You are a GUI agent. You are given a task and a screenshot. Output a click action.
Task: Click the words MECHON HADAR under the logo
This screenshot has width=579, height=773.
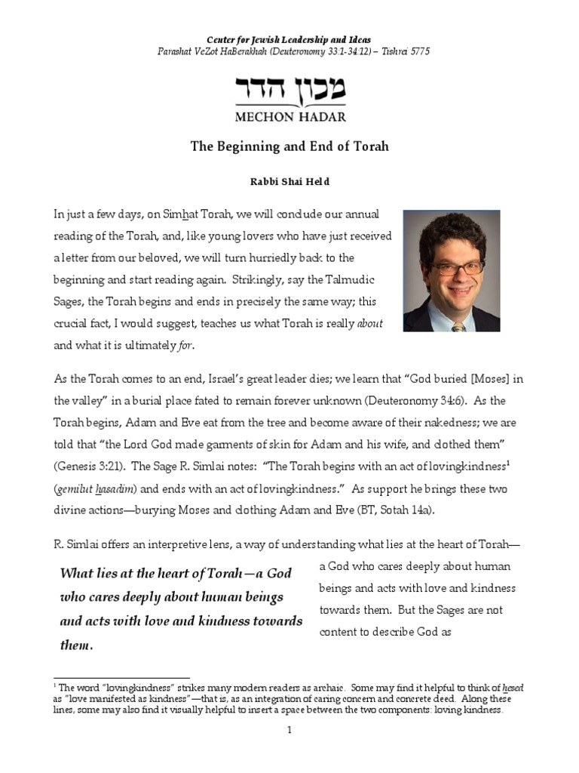tap(290, 116)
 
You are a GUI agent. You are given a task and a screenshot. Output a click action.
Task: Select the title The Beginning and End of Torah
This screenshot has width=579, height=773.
tap(289, 146)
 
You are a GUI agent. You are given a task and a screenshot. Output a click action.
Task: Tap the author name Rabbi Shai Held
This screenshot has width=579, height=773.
tap(289, 181)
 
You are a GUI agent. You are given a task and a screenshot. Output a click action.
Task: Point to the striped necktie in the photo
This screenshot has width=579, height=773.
tap(458, 326)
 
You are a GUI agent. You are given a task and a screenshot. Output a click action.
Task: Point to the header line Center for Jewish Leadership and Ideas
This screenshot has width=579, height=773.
tap(289, 38)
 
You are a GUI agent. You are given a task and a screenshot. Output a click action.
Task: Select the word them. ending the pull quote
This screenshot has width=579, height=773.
tap(76, 645)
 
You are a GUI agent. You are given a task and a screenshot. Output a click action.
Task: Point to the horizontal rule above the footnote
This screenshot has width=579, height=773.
tap(121, 678)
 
